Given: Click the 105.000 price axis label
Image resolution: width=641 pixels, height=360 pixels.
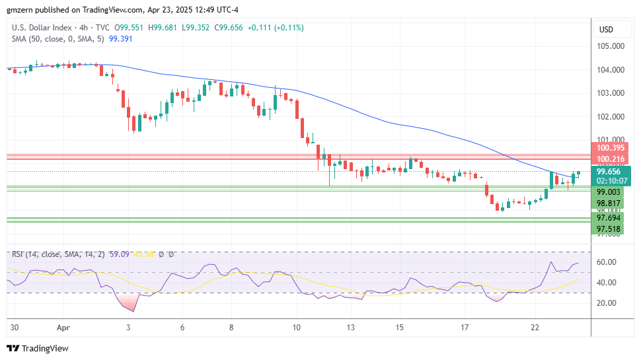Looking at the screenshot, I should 611,46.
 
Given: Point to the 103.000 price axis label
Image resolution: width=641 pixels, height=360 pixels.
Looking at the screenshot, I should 611,93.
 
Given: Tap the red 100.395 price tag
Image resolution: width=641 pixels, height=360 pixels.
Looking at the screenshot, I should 611,148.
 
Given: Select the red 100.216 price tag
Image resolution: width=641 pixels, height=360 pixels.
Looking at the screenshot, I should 611,159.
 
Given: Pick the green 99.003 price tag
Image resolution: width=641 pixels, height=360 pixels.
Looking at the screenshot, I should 608,192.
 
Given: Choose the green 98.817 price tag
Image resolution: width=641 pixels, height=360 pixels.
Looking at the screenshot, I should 608,203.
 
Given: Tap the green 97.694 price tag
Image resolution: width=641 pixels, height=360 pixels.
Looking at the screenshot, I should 608,218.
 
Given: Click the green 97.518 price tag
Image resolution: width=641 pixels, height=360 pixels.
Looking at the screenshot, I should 608,229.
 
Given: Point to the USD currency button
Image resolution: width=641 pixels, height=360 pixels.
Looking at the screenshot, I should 606,29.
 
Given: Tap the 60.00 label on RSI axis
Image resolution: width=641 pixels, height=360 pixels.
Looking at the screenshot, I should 607,262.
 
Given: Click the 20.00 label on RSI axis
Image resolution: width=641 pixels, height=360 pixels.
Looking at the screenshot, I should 607,303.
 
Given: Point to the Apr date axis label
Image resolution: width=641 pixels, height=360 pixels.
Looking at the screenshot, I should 63,327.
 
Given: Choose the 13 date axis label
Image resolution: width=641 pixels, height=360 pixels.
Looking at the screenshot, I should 350,327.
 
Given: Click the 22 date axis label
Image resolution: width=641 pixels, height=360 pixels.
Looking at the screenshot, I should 535,327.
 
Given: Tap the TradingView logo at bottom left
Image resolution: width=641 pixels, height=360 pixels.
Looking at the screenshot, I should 38,348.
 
